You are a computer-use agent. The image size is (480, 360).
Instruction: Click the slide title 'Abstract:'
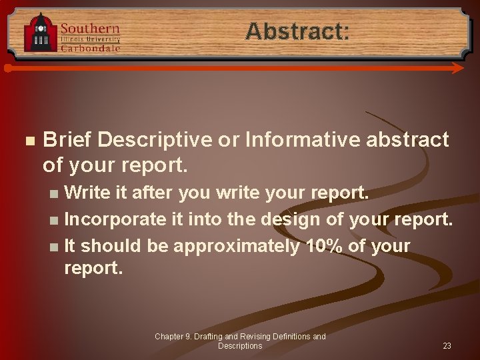[x=297, y=31]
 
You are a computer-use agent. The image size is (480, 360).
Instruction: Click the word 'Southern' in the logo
[x=90, y=28]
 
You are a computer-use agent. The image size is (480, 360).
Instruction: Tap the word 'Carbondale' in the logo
[x=91, y=48]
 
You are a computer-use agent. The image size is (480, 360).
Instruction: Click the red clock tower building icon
[x=40, y=33]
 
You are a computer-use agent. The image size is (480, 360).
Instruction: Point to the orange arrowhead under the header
[x=457, y=68]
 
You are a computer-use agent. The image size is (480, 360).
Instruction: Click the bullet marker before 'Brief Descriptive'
[x=27, y=141]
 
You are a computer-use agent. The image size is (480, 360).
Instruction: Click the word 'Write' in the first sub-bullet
[x=88, y=193]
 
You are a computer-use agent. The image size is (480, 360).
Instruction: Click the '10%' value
[x=323, y=245]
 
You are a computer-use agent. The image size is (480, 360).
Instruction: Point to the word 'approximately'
[x=237, y=245]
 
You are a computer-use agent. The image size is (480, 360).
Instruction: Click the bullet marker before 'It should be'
[x=54, y=246]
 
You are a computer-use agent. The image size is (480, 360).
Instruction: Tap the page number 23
[x=447, y=346]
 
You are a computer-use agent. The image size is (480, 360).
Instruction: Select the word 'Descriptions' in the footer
[x=240, y=346]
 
